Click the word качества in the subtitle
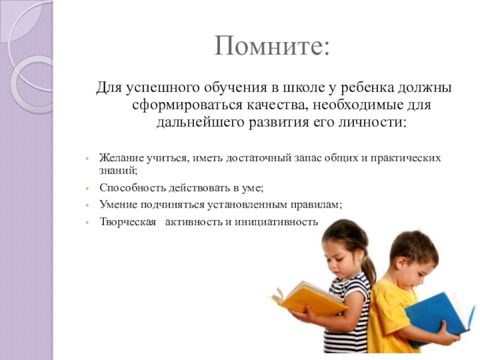pyautogui.click(x=275, y=106)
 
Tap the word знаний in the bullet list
pyautogui.click(x=118, y=170)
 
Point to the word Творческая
pyautogui.click(x=128, y=221)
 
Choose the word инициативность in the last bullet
pyautogui.click(x=277, y=221)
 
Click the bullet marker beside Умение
pyautogui.click(x=87, y=205)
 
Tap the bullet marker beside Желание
pyautogui.click(x=87, y=158)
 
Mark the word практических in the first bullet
pyautogui.click(x=406, y=158)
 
